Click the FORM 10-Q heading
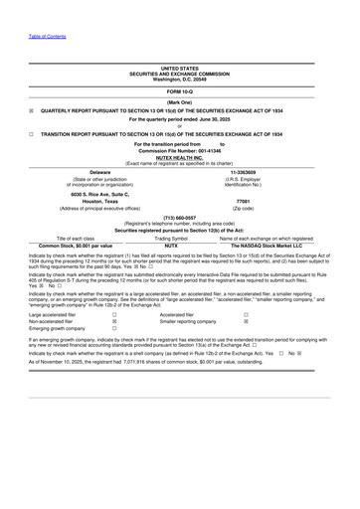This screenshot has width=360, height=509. [180, 91]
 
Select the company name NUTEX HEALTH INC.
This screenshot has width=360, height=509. [180, 156]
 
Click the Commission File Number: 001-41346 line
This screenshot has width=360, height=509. [180, 150]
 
